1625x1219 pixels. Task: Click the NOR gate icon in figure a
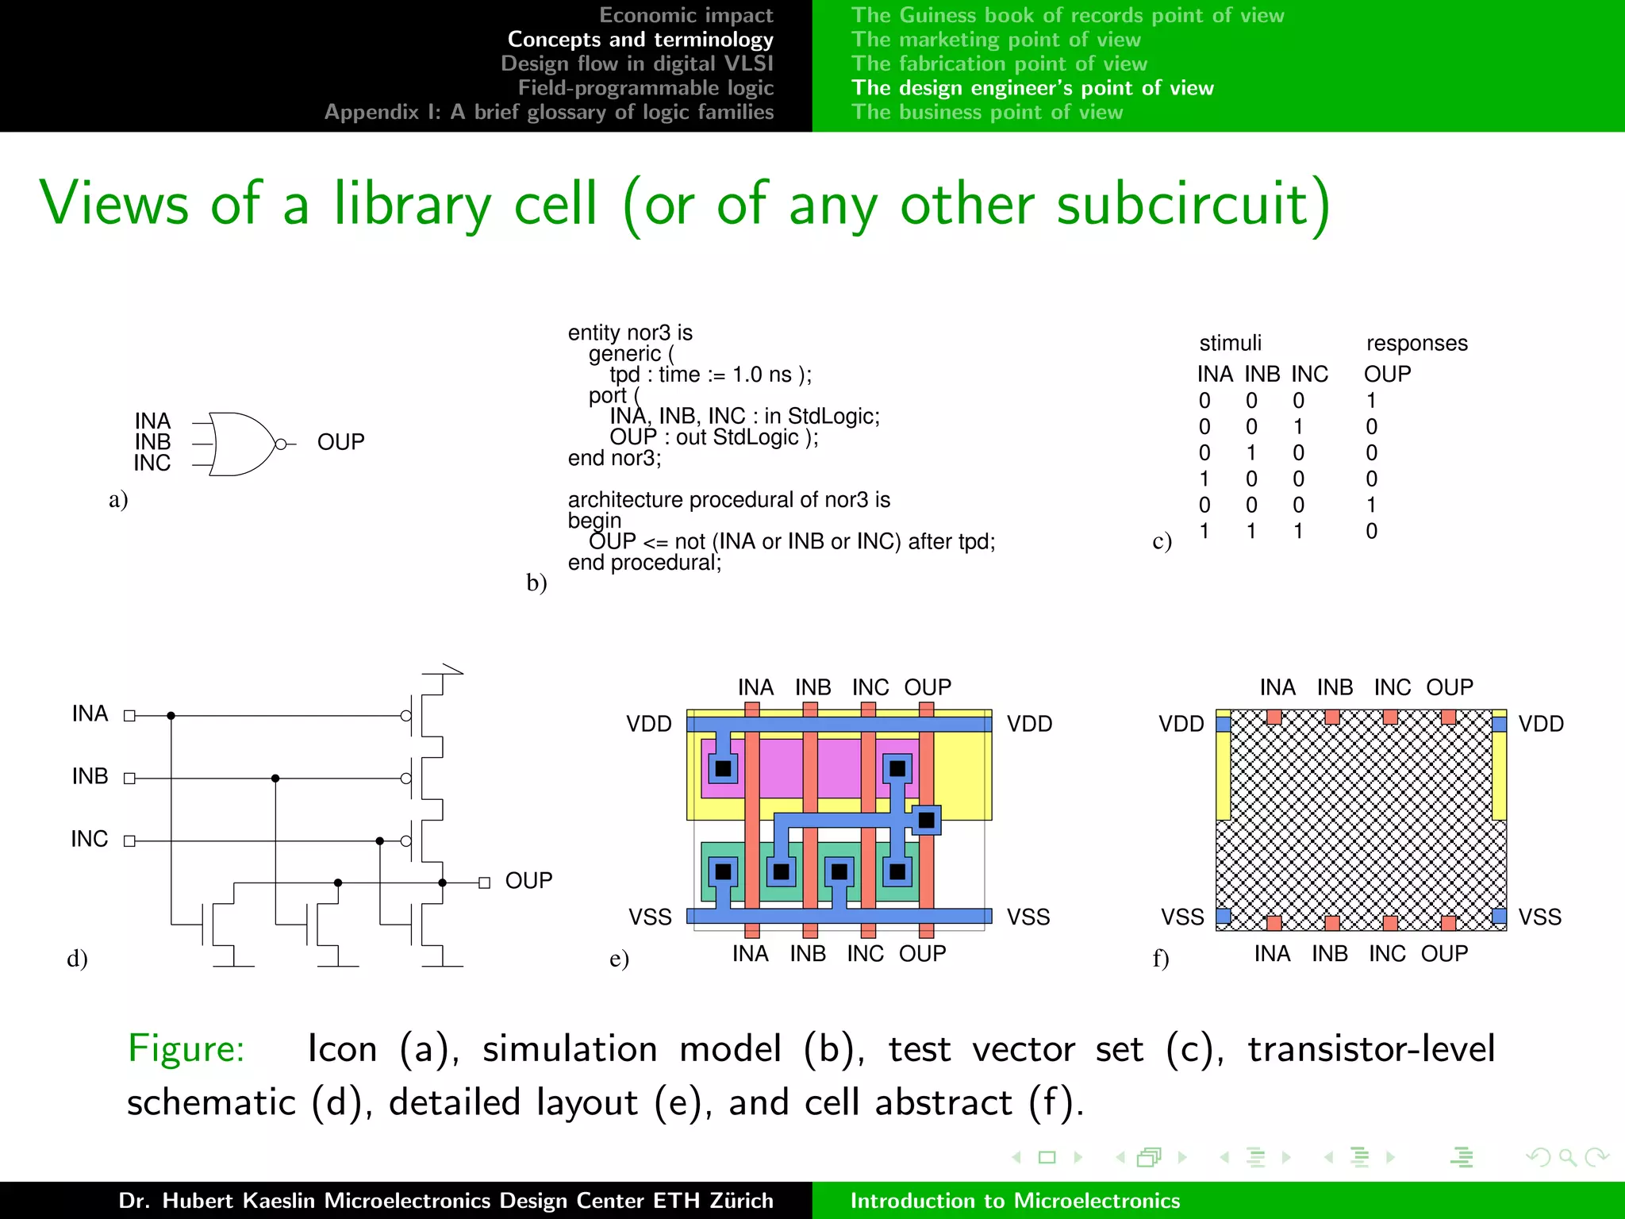tap(242, 444)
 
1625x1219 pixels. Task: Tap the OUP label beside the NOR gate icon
tap(340, 442)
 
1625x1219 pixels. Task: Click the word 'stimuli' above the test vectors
tap(1230, 343)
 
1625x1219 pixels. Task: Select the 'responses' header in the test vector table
tap(1416, 343)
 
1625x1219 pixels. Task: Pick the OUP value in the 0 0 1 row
tap(1371, 427)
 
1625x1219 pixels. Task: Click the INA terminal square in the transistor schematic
tap(130, 716)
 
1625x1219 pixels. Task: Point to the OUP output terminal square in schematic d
tap(484, 883)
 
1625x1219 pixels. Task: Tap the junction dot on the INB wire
tap(275, 779)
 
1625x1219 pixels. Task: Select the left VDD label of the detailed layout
tap(648, 724)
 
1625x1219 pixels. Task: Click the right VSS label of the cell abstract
tap(1539, 917)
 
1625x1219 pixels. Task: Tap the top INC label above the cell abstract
tap(1392, 687)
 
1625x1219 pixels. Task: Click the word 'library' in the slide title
tap(413, 204)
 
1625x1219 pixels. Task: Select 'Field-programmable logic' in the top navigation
tap(645, 87)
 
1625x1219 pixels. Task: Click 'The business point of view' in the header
tap(987, 112)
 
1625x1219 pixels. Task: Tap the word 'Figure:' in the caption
tap(186, 1048)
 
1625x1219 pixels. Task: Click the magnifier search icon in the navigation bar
tap(1567, 1157)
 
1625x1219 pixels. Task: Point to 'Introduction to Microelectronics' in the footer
tap(1015, 1201)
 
